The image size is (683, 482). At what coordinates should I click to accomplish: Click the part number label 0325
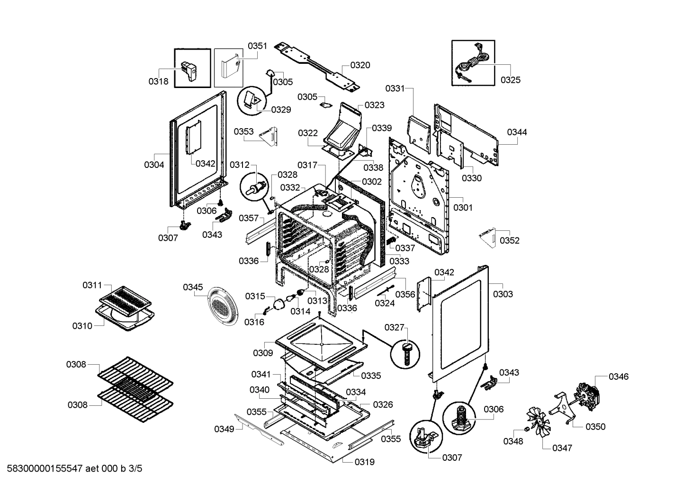[511, 80]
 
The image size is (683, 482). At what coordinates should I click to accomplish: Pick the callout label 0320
[360, 65]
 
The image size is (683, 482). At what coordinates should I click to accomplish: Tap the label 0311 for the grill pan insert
[92, 285]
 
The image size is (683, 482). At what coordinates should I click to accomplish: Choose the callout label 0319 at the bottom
[365, 462]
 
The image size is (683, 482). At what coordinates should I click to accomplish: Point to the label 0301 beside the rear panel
[463, 208]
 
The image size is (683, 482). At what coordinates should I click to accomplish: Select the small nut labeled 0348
[526, 429]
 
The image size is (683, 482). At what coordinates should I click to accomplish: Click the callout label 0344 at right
[517, 132]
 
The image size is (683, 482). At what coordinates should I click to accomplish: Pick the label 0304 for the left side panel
[154, 165]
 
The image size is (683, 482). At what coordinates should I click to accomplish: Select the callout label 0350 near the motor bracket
[595, 427]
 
